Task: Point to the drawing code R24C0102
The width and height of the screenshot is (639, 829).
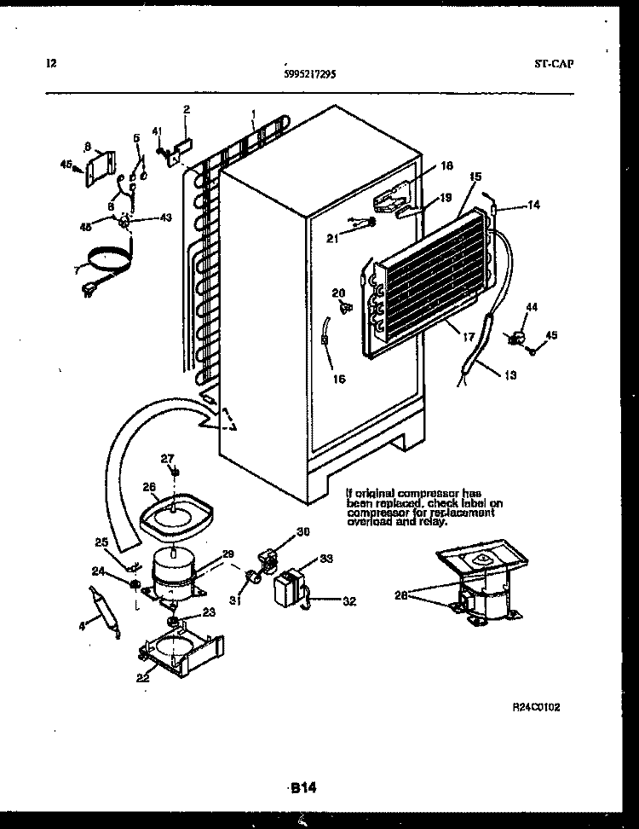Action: [535, 707]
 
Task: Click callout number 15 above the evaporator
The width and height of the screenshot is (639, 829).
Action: [475, 176]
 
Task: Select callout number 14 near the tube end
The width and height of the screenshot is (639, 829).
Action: [534, 205]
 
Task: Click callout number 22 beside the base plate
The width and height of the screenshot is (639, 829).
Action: [141, 678]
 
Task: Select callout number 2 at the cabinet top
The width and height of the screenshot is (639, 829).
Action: [187, 108]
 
